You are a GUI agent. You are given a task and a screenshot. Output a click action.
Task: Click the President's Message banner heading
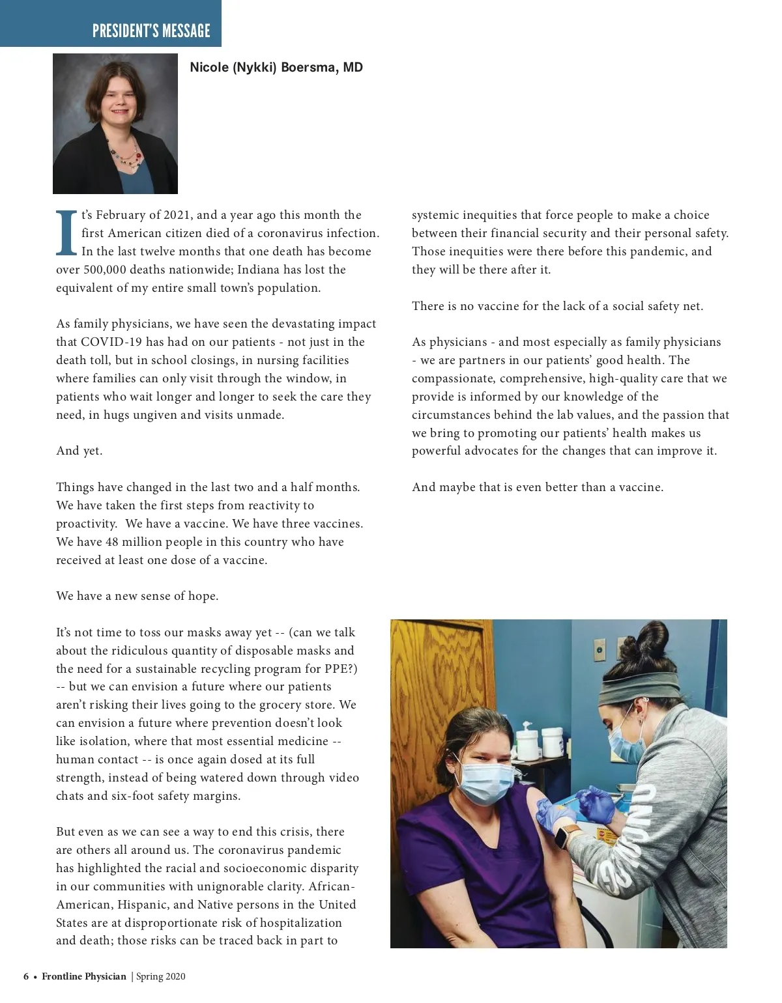pyautogui.click(x=151, y=31)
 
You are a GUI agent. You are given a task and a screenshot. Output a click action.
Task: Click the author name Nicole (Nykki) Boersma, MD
pyautogui.click(x=276, y=67)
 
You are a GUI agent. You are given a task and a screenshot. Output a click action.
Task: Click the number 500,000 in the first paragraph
pyautogui.click(x=106, y=270)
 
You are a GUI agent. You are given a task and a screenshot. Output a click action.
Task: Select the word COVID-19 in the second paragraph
pyautogui.click(x=107, y=342)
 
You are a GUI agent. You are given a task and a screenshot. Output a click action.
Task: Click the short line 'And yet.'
pyautogui.click(x=79, y=451)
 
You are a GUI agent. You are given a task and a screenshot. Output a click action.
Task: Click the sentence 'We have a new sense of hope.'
pyautogui.click(x=138, y=596)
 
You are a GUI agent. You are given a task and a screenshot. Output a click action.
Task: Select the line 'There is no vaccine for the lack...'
pyautogui.click(x=557, y=306)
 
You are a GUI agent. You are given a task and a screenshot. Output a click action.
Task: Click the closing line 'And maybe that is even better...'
pyautogui.click(x=538, y=487)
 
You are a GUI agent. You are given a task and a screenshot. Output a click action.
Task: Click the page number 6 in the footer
pyautogui.click(x=26, y=976)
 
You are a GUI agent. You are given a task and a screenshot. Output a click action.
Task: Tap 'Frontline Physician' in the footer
pyautogui.click(x=84, y=976)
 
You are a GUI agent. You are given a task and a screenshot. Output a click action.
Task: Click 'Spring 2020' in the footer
pyautogui.click(x=161, y=976)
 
